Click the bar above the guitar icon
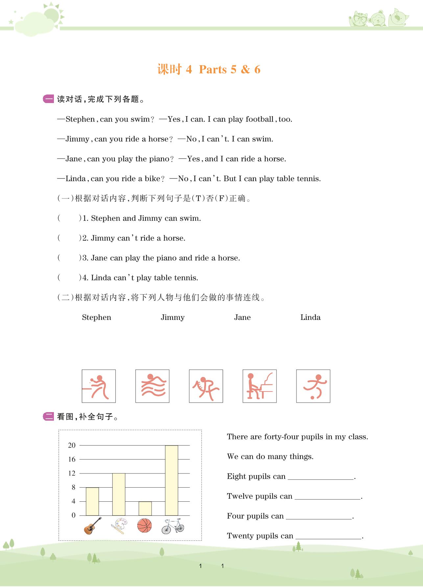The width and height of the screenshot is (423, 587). click(92, 501)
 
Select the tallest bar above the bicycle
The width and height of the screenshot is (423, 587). click(171, 480)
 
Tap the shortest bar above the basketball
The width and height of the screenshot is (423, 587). click(145, 508)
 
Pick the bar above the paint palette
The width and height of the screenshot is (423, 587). click(119, 494)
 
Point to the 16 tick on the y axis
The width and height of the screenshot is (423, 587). click(72, 459)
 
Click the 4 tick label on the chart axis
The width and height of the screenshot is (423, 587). click(73, 501)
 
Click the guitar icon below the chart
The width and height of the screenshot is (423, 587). click(93, 526)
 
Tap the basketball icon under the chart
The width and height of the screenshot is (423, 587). click(145, 526)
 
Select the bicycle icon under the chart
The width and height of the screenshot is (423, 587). click(173, 526)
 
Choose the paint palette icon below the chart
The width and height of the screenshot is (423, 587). click(118, 526)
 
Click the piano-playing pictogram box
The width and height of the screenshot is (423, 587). click(259, 386)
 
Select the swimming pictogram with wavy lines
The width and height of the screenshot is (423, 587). click(152, 386)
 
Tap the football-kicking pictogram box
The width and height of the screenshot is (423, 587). click(313, 386)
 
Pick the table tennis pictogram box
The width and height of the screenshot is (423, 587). click(99, 386)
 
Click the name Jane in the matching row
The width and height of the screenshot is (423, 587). click(242, 318)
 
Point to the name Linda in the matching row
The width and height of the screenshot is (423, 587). click(310, 318)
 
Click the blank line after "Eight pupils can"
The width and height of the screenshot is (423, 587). click(321, 477)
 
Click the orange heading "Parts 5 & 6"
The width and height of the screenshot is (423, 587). click(229, 70)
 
